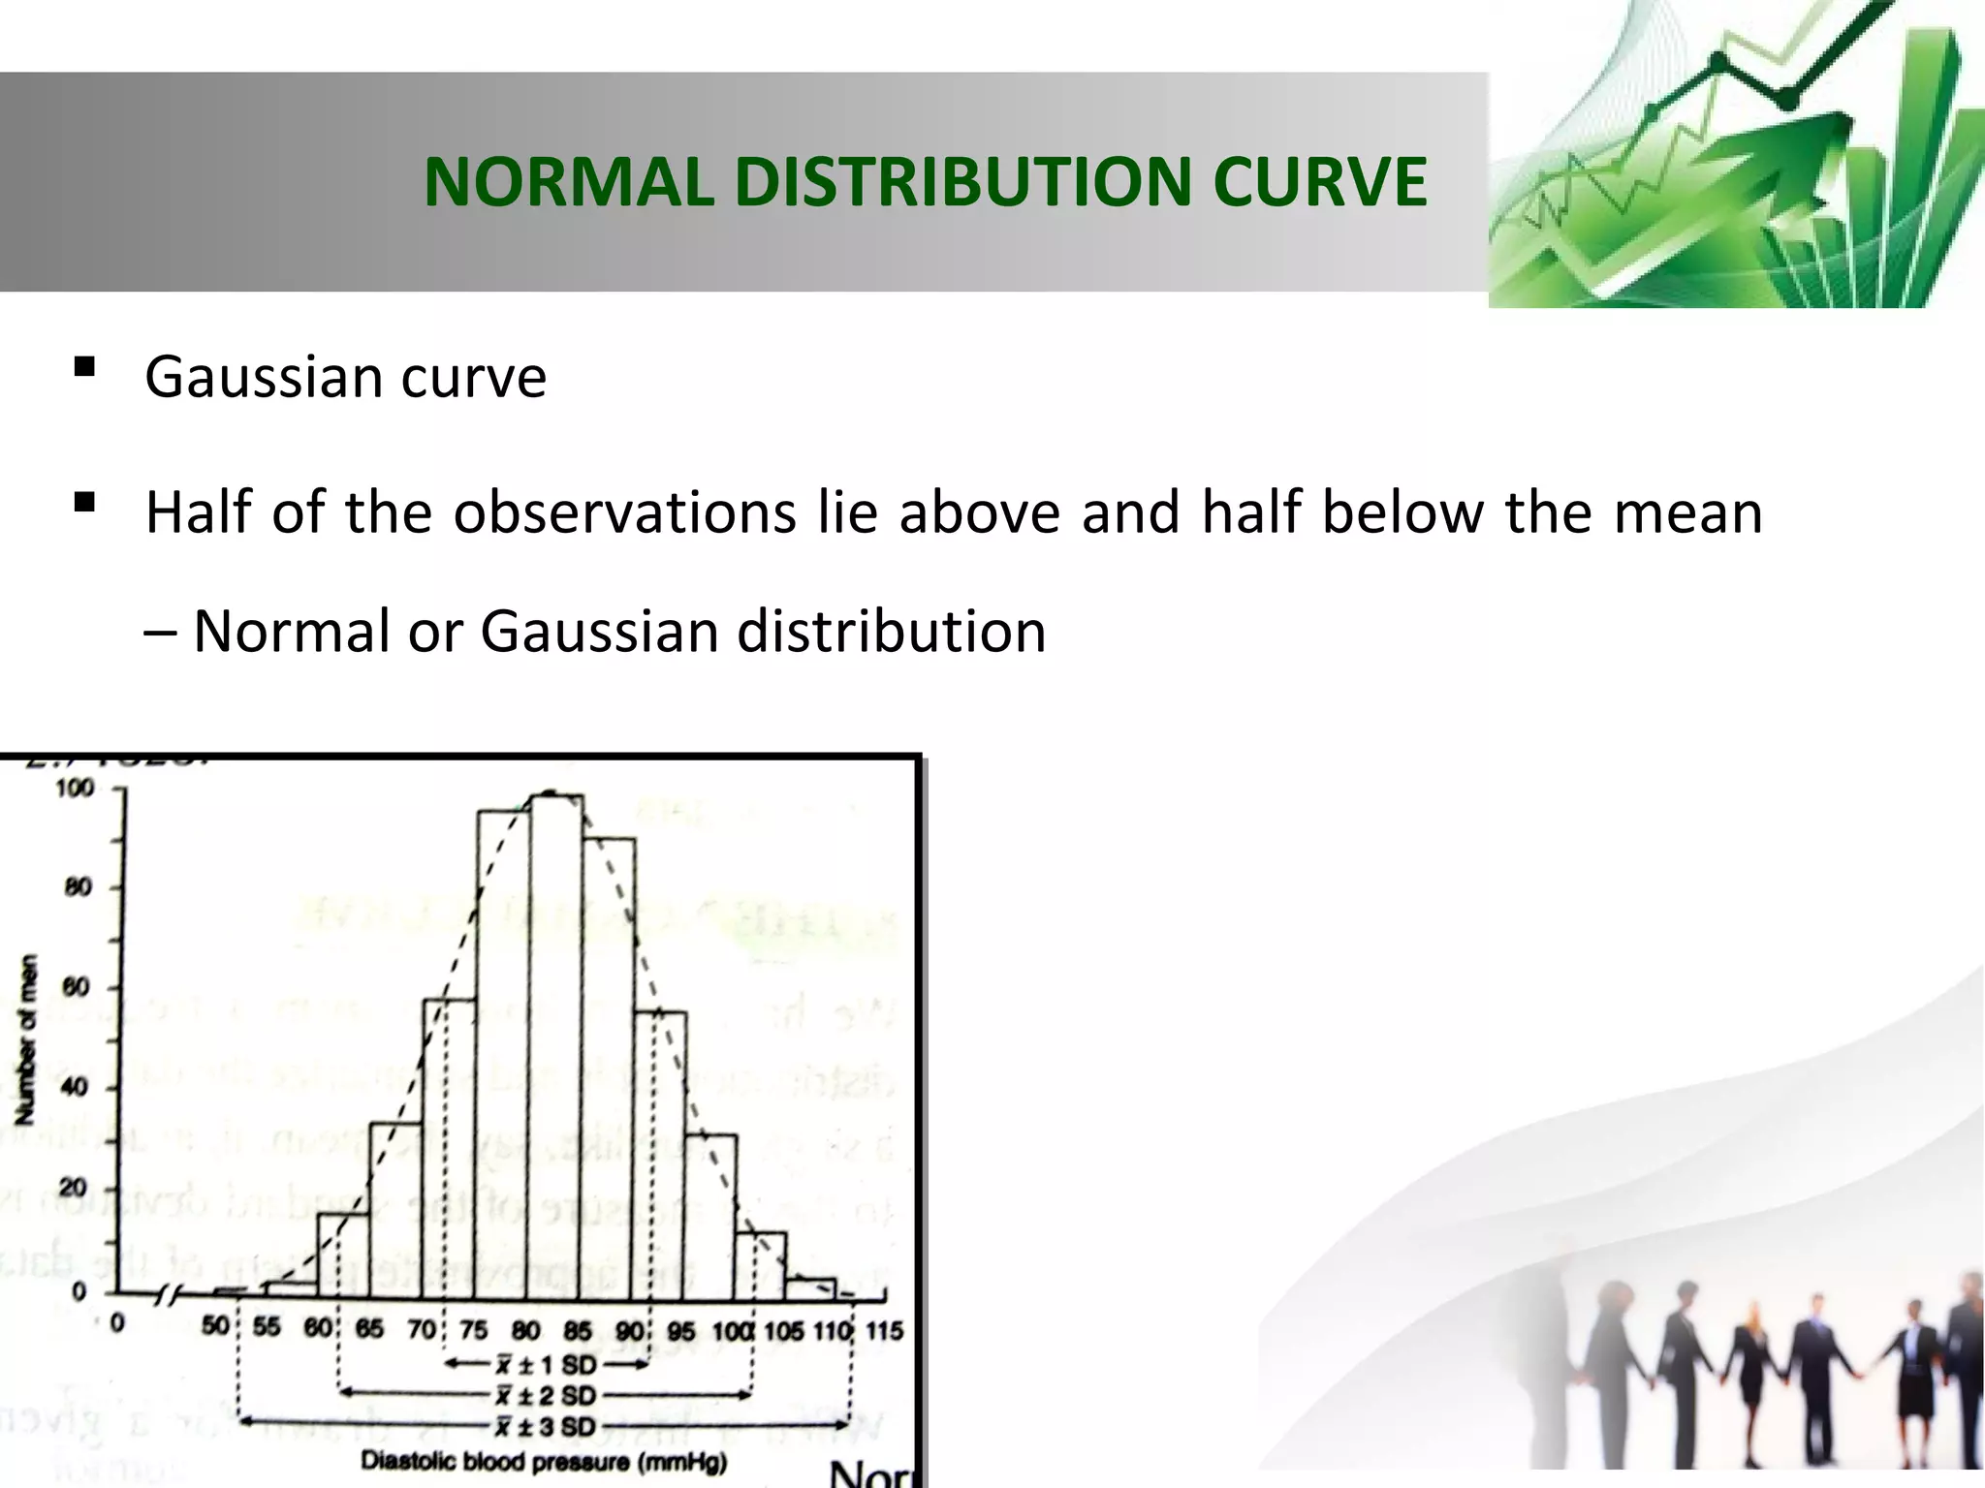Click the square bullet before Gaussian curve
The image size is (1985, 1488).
[x=84, y=367]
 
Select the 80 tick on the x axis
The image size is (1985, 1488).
[x=526, y=1330]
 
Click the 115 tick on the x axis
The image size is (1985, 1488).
[x=883, y=1330]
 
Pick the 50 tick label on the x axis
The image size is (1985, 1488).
[x=216, y=1326]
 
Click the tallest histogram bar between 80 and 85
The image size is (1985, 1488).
[x=556, y=1046]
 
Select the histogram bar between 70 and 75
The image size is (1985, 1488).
[x=450, y=1148]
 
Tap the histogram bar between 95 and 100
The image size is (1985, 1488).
[x=710, y=1216]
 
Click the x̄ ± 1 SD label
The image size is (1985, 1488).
[x=546, y=1365]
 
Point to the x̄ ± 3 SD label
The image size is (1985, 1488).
[x=546, y=1427]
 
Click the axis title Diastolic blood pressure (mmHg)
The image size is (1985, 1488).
[x=544, y=1461]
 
